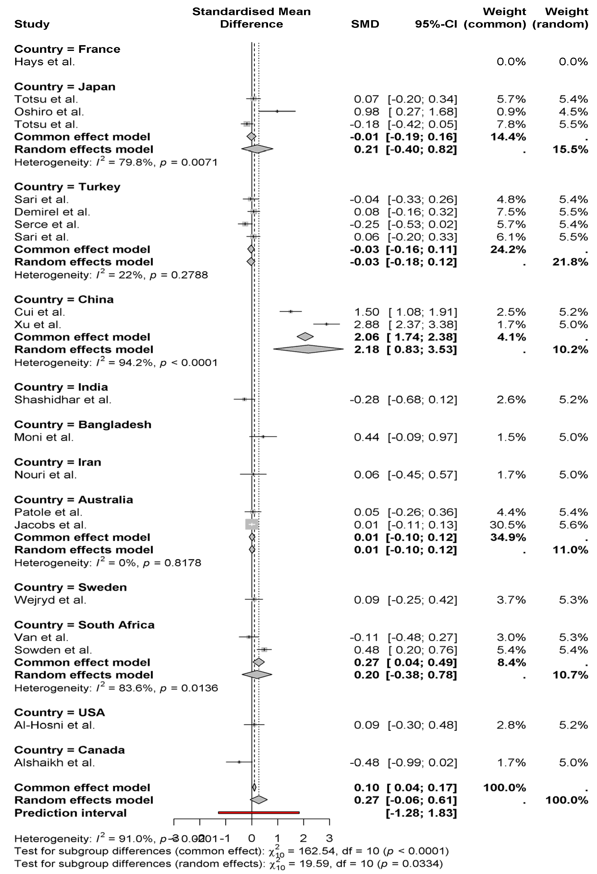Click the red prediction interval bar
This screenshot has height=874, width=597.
click(x=259, y=813)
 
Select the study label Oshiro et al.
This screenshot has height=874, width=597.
click(x=49, y=112)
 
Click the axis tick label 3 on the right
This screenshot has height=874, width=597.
click(x=329, y=838)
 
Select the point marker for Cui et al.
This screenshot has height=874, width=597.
click(x=291, y=311)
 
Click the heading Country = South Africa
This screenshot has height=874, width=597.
click(x=84, y=625)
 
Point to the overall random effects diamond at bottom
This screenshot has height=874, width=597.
click(x=259, y=800)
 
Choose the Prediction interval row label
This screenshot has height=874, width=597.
click(x=70, y=813)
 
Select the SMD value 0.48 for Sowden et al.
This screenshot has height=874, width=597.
click(x=367, y=650)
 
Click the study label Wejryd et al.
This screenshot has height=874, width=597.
click(x=50, y=600)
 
